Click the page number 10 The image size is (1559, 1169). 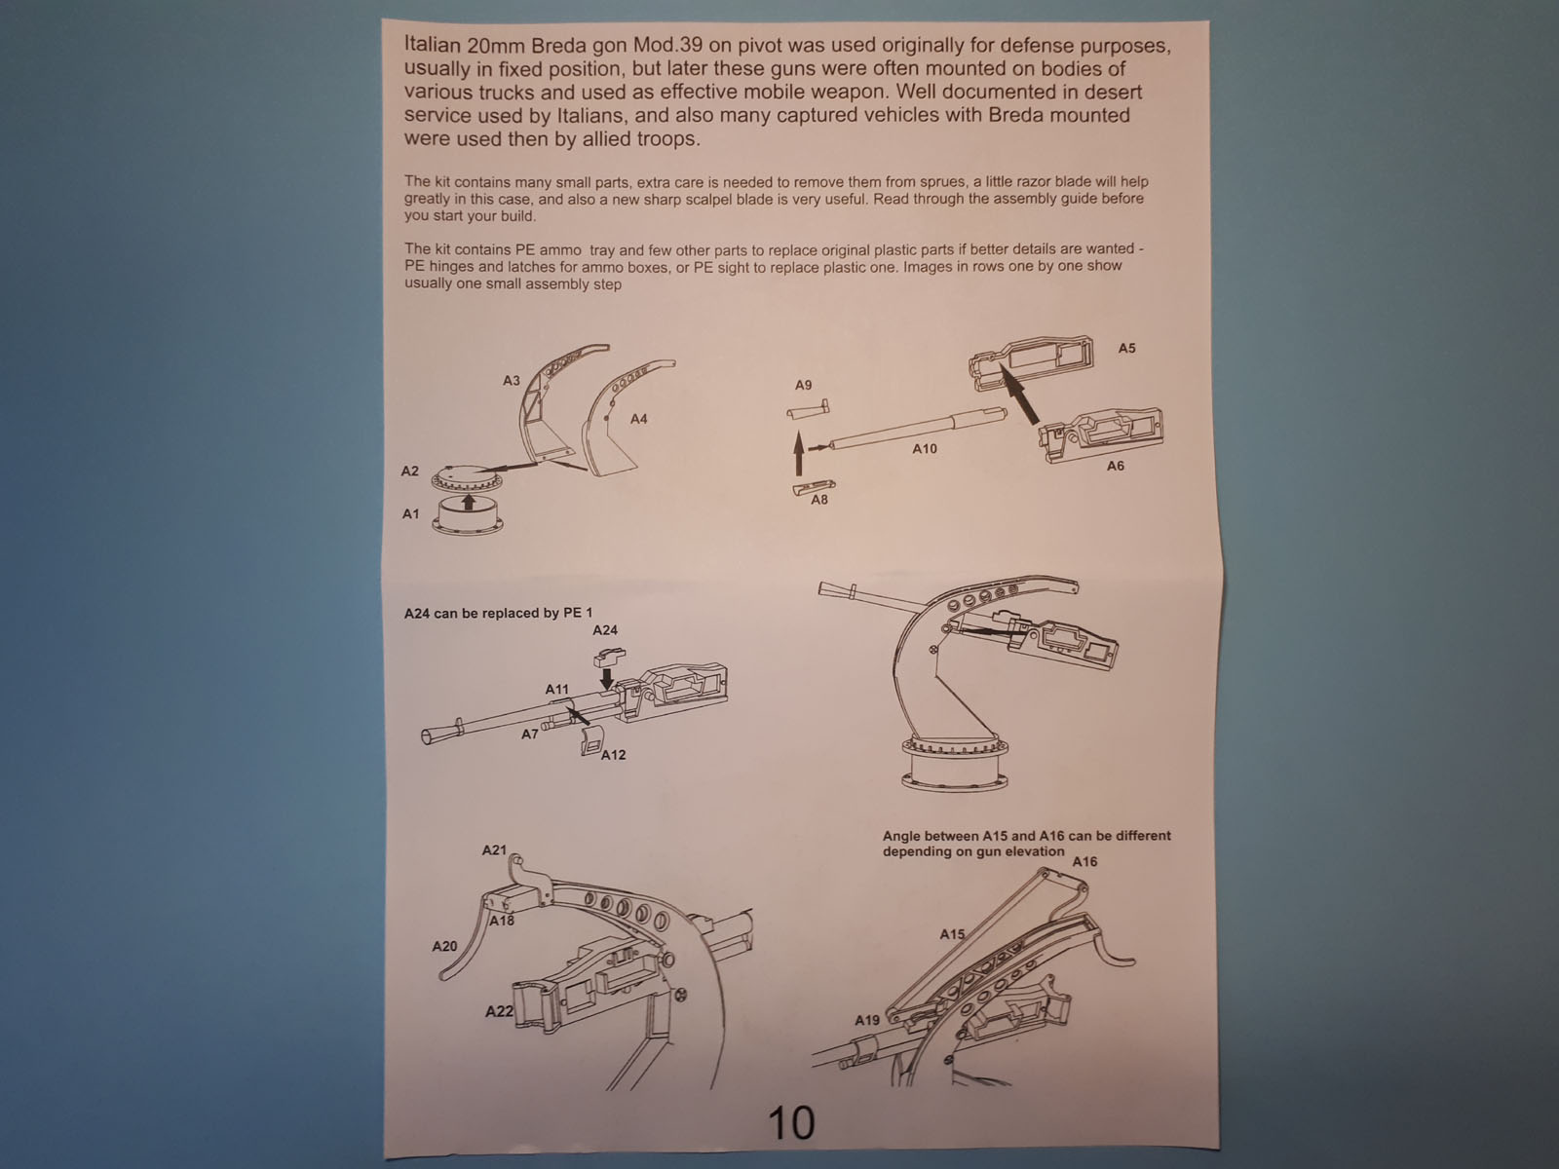tap(791, 1122)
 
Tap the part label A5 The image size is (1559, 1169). tap(1126, 349)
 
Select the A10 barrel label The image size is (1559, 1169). tap(924, 448)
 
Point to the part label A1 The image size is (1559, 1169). tap(410, 514)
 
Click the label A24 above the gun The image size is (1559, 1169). tap(605, 630)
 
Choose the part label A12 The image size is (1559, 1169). tap(614, 754)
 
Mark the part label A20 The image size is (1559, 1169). tap(444, 946)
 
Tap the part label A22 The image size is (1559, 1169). tap(499, 1011)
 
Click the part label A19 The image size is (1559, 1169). tap(866, 1021)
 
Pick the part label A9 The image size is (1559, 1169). tap(803, 385)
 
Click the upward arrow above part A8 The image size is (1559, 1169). tap(799, 453)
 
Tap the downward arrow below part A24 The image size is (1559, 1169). tap(606, 675)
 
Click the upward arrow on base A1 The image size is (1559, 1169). tap(468, 502)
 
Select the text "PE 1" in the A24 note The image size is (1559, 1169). tap(578, 613)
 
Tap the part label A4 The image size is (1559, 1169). tap(638, 420)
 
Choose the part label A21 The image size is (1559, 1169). tap(494, 850)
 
